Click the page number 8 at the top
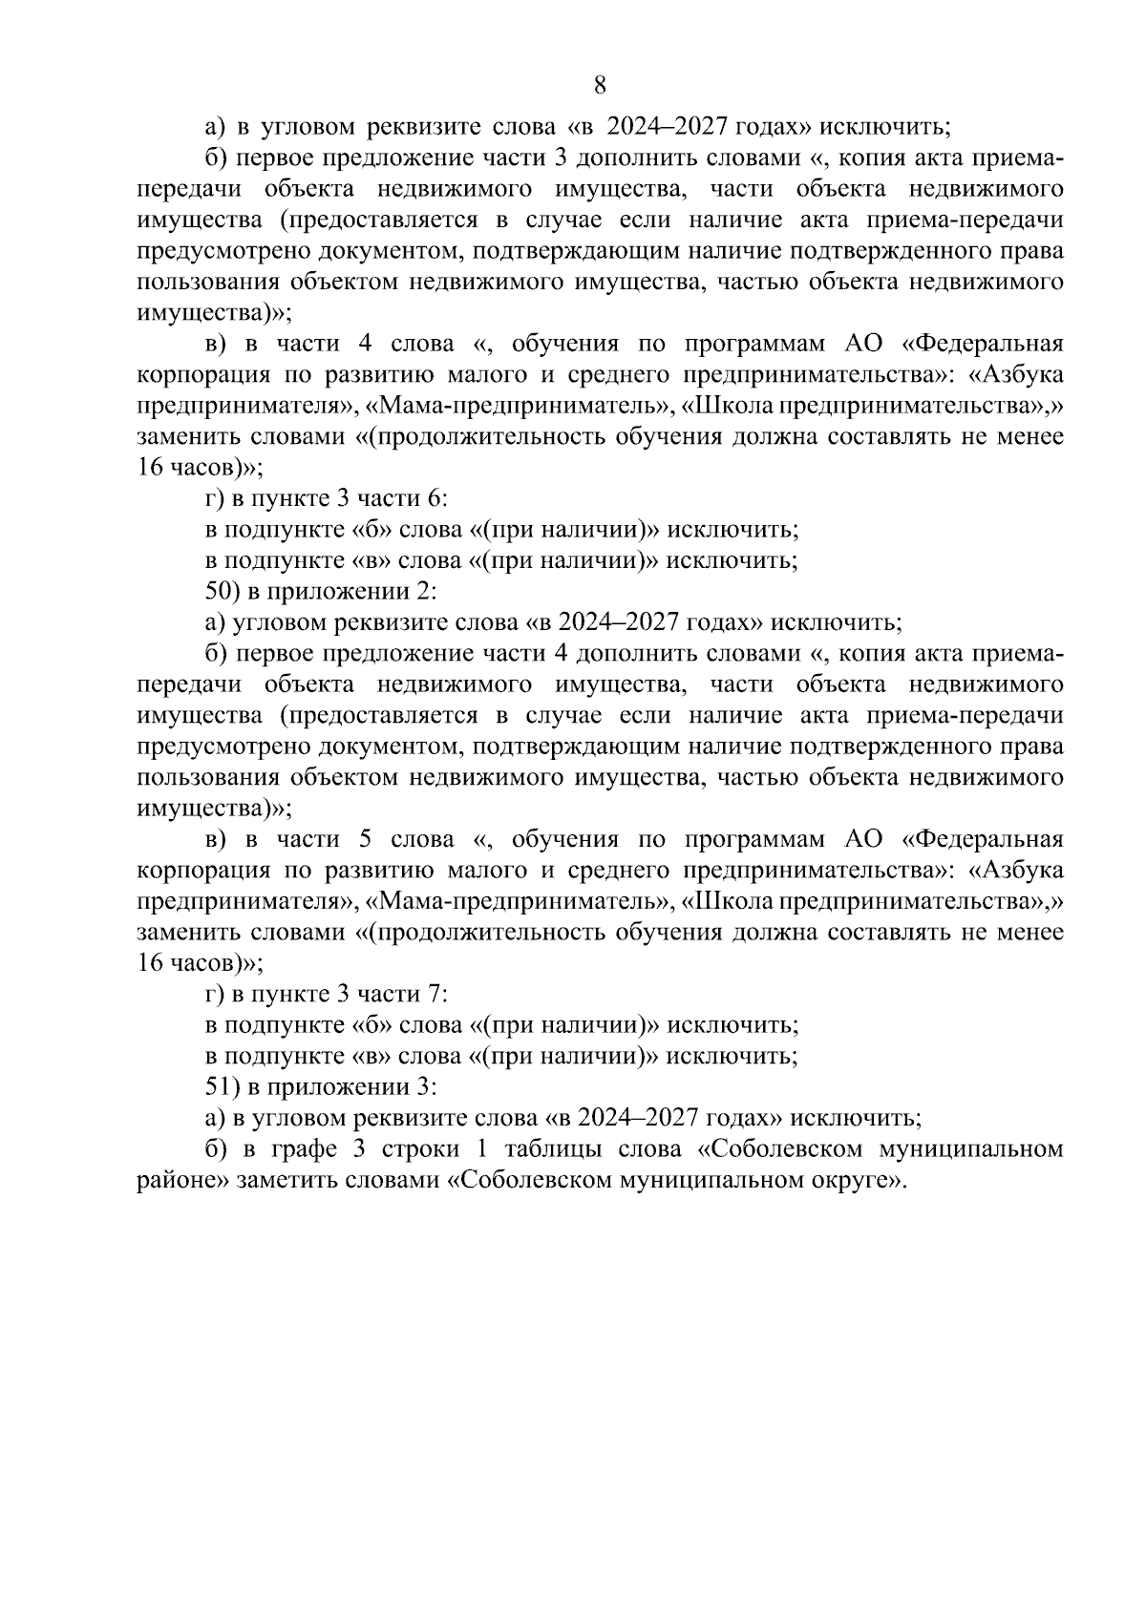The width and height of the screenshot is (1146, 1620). pos(600,86)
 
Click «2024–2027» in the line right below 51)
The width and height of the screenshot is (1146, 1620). pos(631,1118)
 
